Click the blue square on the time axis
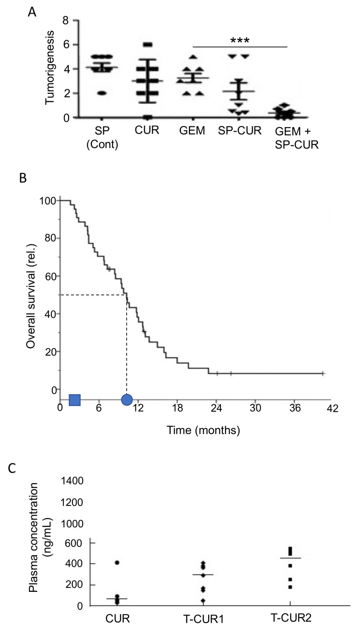(75, 400)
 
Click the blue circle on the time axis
(127, 400)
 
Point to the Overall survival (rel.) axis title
(31, 295)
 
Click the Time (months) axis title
(204, 430)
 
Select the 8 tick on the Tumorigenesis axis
(66, 21)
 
